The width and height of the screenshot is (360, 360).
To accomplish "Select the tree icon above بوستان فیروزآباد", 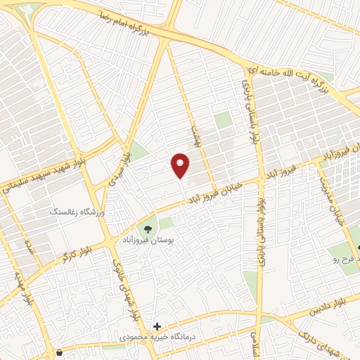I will [149, 228].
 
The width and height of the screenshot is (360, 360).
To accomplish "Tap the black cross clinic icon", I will [157, 327].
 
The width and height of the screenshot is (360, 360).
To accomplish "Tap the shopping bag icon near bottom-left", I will [59, 352].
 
